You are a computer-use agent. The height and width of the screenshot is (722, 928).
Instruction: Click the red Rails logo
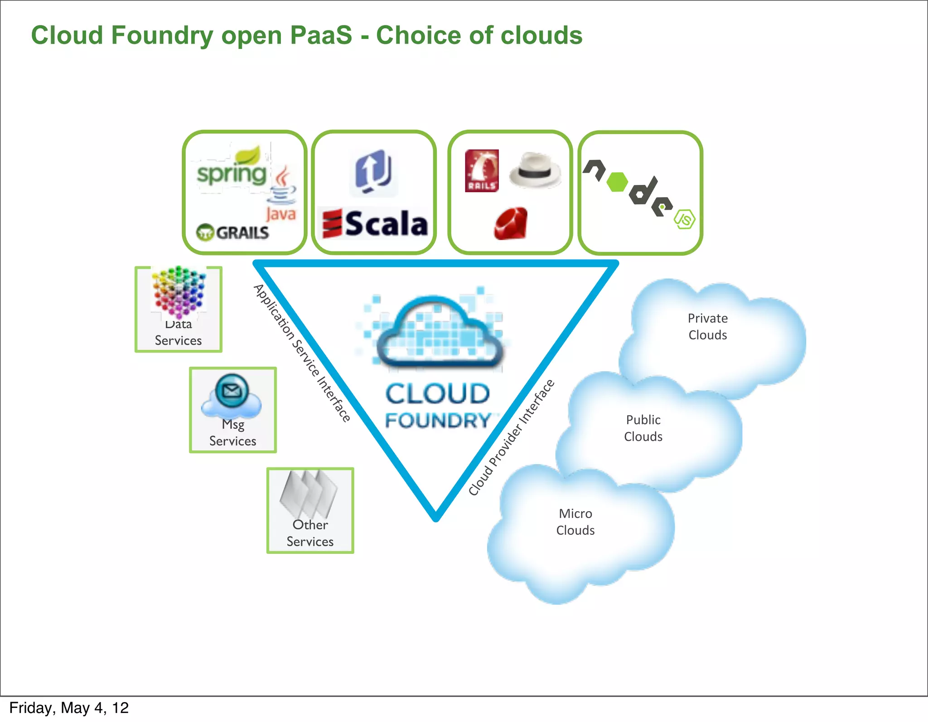482,171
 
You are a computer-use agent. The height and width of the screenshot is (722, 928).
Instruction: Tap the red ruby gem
511,223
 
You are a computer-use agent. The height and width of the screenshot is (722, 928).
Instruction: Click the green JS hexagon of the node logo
684,219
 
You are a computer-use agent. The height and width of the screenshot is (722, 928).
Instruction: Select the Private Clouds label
707,327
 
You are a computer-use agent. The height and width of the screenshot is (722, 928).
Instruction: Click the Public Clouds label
643,428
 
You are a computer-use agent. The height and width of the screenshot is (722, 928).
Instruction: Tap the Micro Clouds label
575,522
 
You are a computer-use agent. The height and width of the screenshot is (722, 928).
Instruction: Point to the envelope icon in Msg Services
232,390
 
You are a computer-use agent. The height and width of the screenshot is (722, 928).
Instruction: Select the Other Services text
310,533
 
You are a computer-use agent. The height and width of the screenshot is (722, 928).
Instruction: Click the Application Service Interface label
302,353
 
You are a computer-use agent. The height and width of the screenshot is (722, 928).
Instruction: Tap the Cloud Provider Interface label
511,438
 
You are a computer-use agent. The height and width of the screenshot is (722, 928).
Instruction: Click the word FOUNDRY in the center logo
438,420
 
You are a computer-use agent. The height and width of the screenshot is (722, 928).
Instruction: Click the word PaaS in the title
321,35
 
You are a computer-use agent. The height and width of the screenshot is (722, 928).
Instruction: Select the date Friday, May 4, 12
69,708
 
